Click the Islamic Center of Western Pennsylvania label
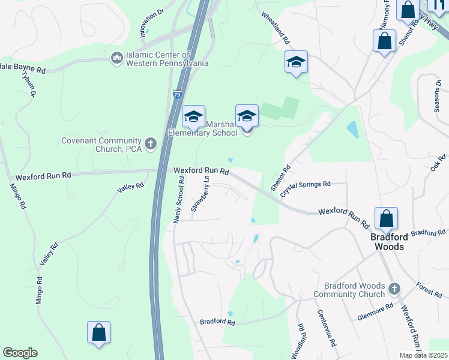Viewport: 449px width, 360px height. pyautogui.click(x=167, y=58)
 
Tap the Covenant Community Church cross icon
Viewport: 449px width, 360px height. pyautogui.click(x=150, y=143)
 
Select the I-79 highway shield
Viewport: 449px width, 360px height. pyautogui.click(x=176, y=94)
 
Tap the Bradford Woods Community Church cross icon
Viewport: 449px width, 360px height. pyautogui.click(x=394, y=289)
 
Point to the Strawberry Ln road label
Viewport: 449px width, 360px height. pyautogui.click(x=200, y=193)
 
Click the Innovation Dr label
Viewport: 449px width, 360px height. pyautogui.click(x=152, y=23)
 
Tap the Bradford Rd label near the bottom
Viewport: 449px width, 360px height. pyautogui.click(x=217, y=322)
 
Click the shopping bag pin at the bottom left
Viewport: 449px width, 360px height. pyautogui.click(x=98, y=333)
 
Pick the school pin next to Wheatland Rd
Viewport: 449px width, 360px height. pyautogui.click(x=296, y=62)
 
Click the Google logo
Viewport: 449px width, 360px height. pyautogui.click(x=20, y=353)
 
